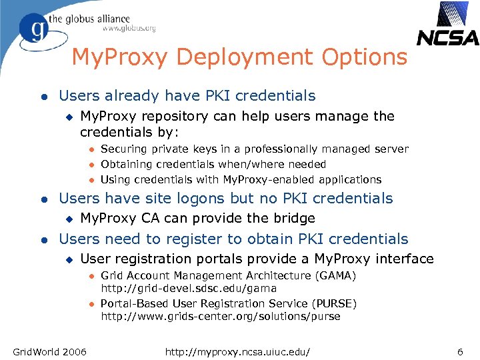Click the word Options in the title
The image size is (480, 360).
tap(364, 57)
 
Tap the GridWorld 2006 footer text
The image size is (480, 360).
tap(50, 351)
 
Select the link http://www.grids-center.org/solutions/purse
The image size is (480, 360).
tap(221, 317)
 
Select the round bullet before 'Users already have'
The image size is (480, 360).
tap(43, 97)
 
